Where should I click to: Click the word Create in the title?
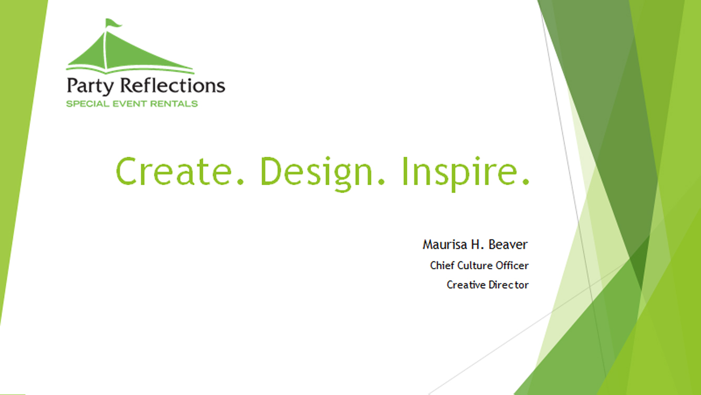(174, 171)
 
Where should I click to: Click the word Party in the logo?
(90, 86)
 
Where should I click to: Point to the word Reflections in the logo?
(173, 85)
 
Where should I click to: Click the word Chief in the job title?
(442, 265)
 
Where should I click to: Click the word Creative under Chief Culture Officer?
(466, 285)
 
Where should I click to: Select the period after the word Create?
(240, 181)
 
